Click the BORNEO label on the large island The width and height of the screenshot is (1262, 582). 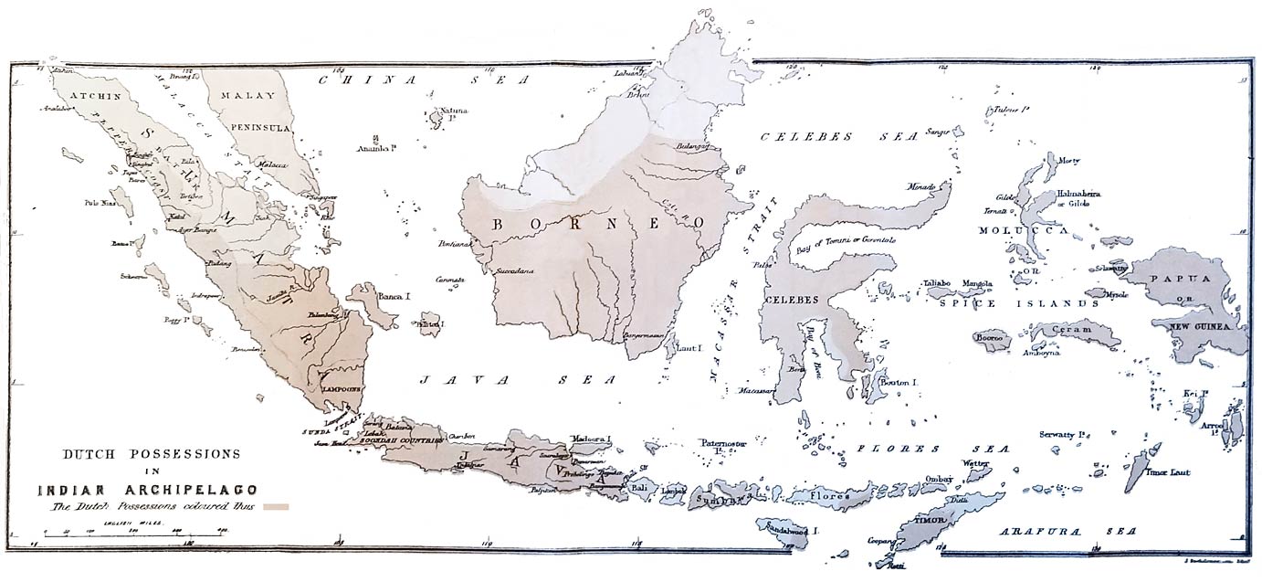tap(599, 223)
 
